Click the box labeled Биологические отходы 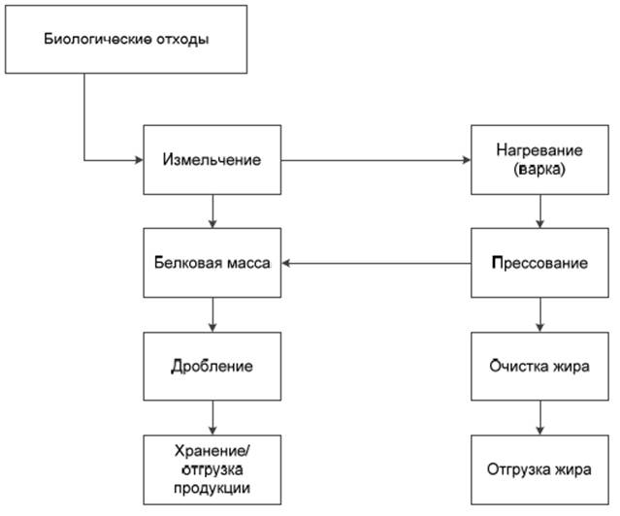pyautogui.click(x=127, y=40)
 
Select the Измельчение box pyautogui.click(x=212, y=160)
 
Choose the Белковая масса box pyautogui.click(x=212, y=263)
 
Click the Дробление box pyautogui.click(x=212, y=367)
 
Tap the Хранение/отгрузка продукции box pyautogui.click(x=212, y=469)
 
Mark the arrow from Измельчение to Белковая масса pyautogui.click(x=212, y=211)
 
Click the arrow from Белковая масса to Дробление pyautogui.click(x=212, y=315)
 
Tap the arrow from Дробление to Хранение pyautogui.click(x=212, y=418)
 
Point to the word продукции pyautogui.click(x=212, y=487)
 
